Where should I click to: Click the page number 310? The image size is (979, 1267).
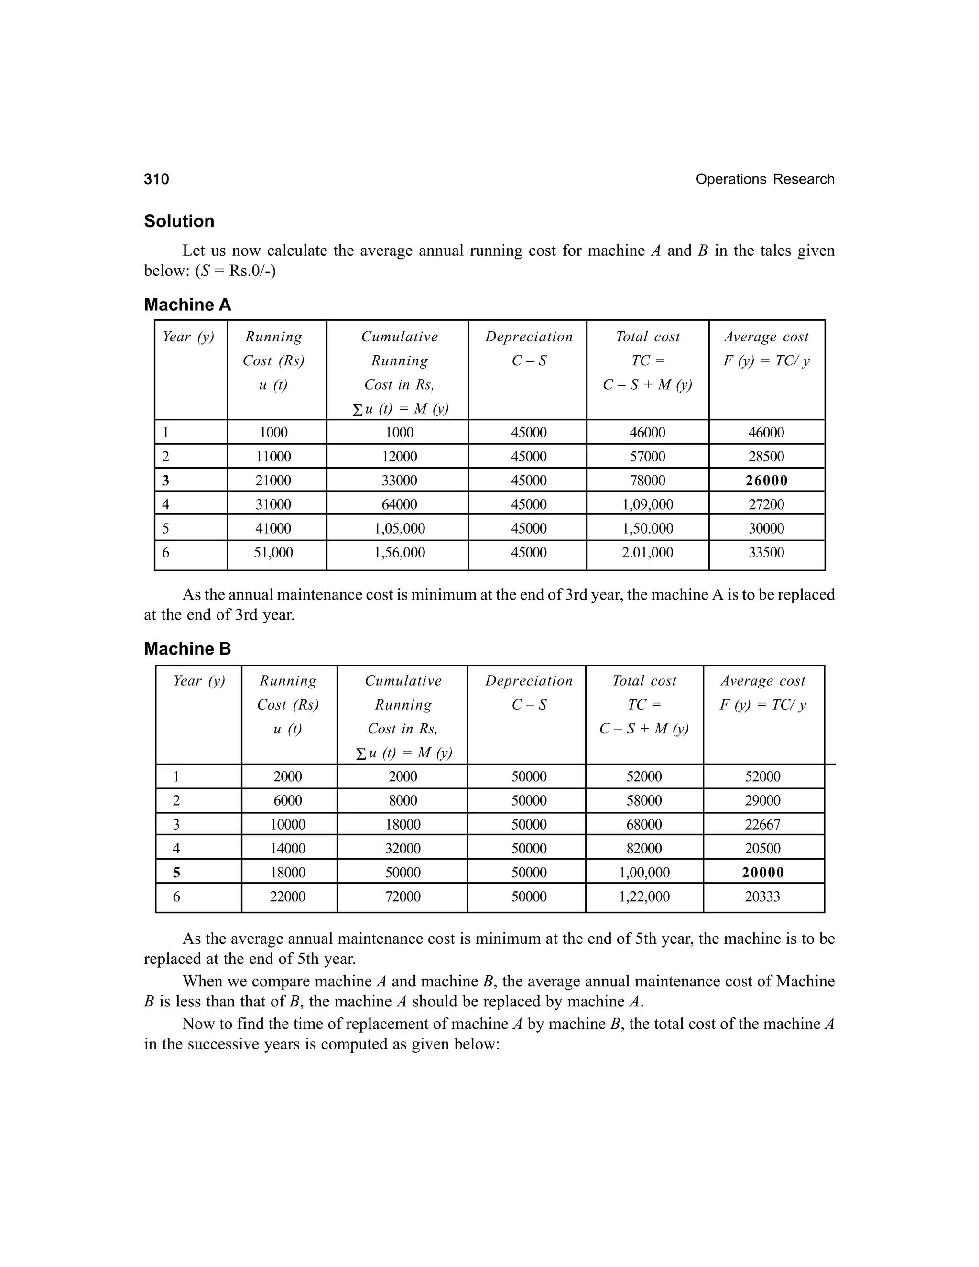157,179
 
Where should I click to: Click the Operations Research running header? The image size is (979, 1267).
764,179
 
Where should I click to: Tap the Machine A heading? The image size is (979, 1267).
187,305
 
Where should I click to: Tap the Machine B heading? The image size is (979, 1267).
187,649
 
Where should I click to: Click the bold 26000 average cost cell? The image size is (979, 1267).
766,481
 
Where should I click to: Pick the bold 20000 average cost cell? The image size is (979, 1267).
762,873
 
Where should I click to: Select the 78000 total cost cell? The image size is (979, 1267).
647,481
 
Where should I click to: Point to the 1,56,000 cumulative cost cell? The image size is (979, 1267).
399,552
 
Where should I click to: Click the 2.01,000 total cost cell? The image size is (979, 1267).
647,552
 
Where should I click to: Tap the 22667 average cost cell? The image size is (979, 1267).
762,824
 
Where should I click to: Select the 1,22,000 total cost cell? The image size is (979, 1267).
644,896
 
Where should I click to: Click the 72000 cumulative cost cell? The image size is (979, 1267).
402,896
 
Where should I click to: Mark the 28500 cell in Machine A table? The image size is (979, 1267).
766,457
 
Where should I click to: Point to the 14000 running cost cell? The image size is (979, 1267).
288,848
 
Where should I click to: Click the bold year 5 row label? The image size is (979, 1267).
176,873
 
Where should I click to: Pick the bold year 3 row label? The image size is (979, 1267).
166,481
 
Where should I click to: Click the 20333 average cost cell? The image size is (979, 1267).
762,896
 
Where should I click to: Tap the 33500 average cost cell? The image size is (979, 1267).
766,552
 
